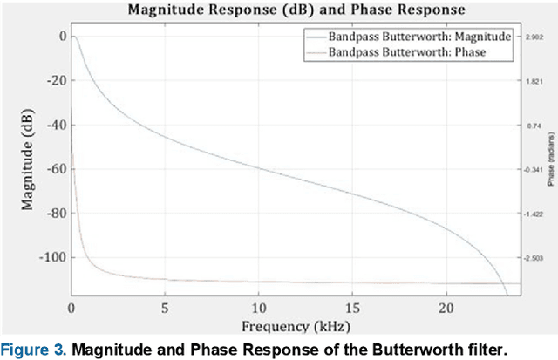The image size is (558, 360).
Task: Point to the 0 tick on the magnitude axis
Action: [x=62, y=37]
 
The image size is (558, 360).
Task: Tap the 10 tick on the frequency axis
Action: [x=259, y=309]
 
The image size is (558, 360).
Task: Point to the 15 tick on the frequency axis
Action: [x=353, y=309]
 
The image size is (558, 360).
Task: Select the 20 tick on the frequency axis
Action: [x=446, y=309]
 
